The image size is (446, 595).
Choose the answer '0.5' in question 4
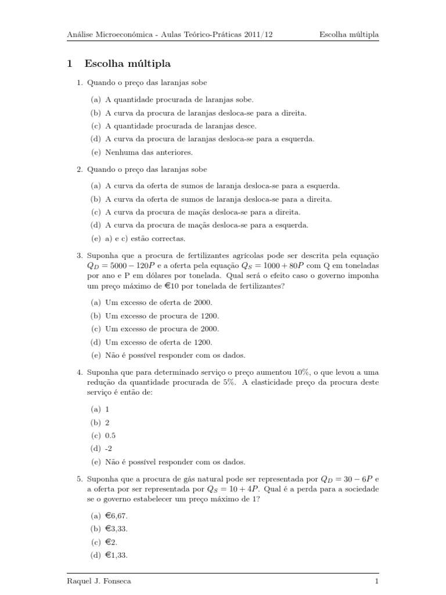[x=111, y=435]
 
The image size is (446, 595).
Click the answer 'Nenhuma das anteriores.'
[x=149, y=152]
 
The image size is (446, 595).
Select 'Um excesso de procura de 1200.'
[x=163, y=316]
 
